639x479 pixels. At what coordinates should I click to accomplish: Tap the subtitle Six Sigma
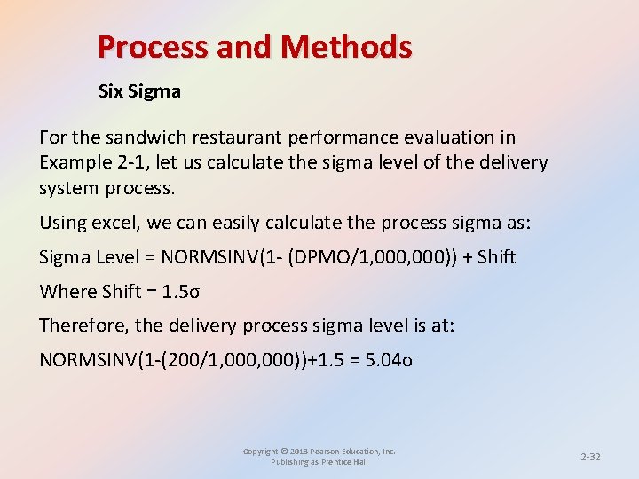(x=139, y=90)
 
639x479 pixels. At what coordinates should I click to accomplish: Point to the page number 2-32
(x=590, y=457)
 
